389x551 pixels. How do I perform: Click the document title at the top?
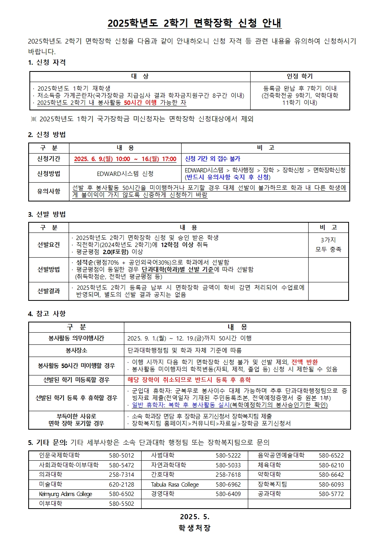pyautogui.click(x=194, y=23)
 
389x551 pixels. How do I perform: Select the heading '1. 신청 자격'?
pyautogui.click(x=47, y=62)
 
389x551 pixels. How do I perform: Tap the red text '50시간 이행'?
pyautogui.click(x=140, y=103)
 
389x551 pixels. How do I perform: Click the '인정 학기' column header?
pyautogui.click(x=300, y=76)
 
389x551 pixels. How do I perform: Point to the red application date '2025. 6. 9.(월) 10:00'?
pyautogui.click(x=102, y=159)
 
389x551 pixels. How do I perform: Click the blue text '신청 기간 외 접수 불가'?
pyautogui.click(x=213, y=159)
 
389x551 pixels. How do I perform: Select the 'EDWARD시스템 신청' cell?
pyautogui.click(x=125, y=174)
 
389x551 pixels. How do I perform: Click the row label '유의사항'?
pyautogui.click(x=49, y=191)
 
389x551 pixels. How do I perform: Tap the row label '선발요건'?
pyautogui.click(x=49, y=245)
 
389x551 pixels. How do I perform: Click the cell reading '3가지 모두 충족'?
pyautogui.click(x=328, y=245)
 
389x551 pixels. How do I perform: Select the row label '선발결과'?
pyautogui.click(x=49, y=291)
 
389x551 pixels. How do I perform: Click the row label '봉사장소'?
pyautogui.click(x=76, y=350)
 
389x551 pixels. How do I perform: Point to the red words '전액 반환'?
pyautogui.click(x=304, y=362)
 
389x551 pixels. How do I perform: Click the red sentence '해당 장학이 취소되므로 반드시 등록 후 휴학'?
pyautogui.click(x=189, y=380)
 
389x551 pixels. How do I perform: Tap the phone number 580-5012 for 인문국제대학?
pyautogui.click(x=122, y=456)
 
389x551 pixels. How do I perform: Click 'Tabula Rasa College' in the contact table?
pyautogui.click(x=175, y=485)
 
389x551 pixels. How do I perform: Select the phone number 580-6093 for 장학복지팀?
pyautogui.click(x=331, y=485)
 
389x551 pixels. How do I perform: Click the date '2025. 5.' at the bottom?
pyautogui.click(x=194, y=517)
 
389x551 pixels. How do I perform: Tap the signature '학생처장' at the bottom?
pyautogui.click(x=194, y=528)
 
